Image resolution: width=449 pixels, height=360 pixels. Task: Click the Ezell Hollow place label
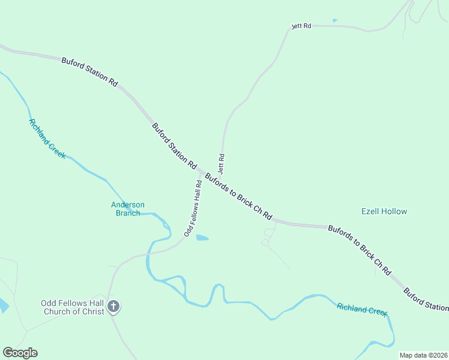384,211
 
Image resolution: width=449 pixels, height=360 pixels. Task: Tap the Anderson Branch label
127,209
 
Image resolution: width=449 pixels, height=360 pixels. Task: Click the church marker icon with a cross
113,307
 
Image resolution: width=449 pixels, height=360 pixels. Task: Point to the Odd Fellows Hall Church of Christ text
73,307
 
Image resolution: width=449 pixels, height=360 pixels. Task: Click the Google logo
20,353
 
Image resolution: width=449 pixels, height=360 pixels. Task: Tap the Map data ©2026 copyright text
423,355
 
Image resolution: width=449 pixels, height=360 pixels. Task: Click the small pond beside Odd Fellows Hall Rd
202,238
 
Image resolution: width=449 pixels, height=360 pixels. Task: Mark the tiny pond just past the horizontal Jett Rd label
334,21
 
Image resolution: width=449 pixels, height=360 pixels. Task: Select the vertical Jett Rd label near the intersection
221,164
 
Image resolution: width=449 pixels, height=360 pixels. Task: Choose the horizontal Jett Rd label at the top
301,26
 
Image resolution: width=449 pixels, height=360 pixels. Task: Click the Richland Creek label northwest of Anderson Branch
47,139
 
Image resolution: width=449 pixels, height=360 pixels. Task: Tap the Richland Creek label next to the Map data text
362,309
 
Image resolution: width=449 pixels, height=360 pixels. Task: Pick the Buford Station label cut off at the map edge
426,299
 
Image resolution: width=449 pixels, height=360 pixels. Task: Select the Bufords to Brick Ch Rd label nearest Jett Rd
238,197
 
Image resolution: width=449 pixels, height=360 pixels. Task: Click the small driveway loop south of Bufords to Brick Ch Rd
265,242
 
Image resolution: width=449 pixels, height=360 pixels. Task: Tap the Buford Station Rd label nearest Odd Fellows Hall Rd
174,145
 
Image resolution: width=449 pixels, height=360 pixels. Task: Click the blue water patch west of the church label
3,305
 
